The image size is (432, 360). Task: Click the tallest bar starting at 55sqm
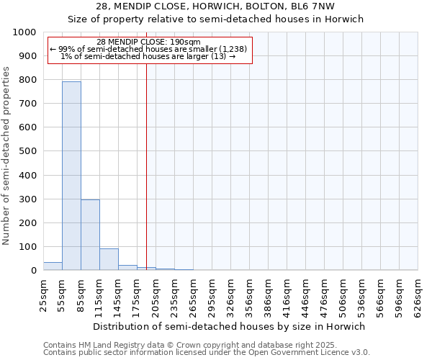[71, 176]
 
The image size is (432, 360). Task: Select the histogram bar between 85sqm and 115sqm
[90, 235]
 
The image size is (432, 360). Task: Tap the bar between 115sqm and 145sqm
[109, 259]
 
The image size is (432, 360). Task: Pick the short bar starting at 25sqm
[53, 266]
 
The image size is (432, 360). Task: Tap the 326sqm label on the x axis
[231, 296]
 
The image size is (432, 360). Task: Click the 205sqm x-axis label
[156, 296]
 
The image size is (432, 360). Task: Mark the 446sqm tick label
[306, 296]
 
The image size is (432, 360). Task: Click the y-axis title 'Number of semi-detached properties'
[7, 156]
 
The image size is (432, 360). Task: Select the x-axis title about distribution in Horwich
[230, 326]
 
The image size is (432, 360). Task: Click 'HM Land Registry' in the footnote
[102, 346]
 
